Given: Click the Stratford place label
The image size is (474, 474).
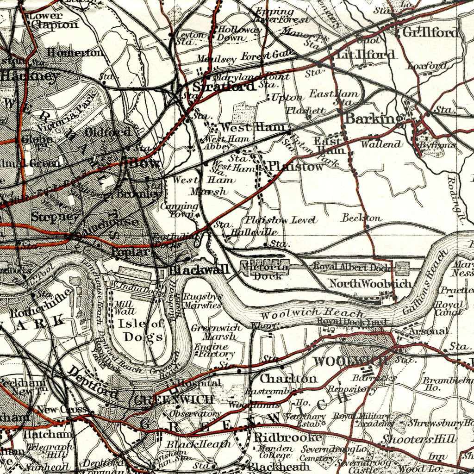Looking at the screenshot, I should [224, 87].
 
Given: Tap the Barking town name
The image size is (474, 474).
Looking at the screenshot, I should [374, 118].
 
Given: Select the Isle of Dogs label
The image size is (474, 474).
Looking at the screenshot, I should [140, 330].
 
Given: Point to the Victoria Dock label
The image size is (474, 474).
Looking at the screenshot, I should [266, 272].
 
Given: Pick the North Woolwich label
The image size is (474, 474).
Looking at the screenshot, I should [370, 283].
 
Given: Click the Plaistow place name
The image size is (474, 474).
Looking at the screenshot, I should [295, 166].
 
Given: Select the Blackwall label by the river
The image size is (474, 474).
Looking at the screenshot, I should [199, 270].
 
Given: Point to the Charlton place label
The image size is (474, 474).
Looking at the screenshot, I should [288, 378].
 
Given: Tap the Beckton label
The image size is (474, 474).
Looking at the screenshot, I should [362, 218].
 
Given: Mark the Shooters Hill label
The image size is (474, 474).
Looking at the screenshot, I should [419, 438].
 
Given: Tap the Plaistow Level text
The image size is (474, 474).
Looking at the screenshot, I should [281, 220].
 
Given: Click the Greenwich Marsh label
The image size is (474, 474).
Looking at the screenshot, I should [216, 332].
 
